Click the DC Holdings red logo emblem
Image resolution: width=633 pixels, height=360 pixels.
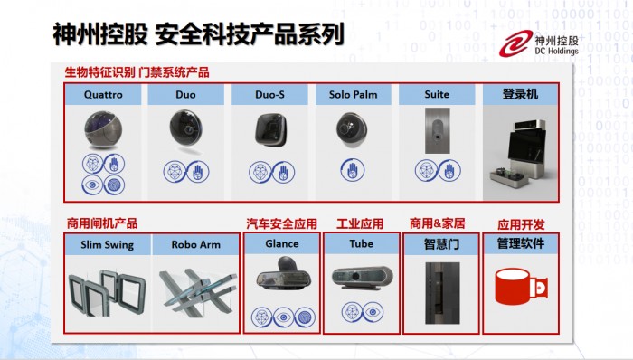point(516,43)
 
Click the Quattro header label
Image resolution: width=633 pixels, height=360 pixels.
point(103,94)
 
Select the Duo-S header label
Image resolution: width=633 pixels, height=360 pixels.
point(269,94)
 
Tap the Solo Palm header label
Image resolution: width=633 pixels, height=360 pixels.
point(354,94)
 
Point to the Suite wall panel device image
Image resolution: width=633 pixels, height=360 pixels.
point(437,130)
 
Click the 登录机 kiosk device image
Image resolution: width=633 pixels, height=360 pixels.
point(518,154)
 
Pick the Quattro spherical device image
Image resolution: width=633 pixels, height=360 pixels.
point(103,130)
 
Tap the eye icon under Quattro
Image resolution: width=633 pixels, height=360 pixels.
point(92,185)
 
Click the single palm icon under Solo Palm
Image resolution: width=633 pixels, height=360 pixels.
point(353,169)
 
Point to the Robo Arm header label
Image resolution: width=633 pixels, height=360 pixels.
point(196,244)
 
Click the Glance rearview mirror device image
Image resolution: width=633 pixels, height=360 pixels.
point(283,274)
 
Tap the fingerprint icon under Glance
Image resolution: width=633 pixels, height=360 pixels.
point(305,317)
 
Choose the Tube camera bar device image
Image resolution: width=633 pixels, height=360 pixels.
point(362,278)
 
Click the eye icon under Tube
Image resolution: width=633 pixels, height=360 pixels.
point(373,312)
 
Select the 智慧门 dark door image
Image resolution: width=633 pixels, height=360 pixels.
point(442,293)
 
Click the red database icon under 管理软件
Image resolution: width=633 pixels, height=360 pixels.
point(521,286)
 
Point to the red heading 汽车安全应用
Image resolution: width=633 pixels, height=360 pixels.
point(282,224)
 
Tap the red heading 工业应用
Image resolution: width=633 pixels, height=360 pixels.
point(360,223)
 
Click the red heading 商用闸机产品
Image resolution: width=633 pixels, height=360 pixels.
point(102,223)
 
